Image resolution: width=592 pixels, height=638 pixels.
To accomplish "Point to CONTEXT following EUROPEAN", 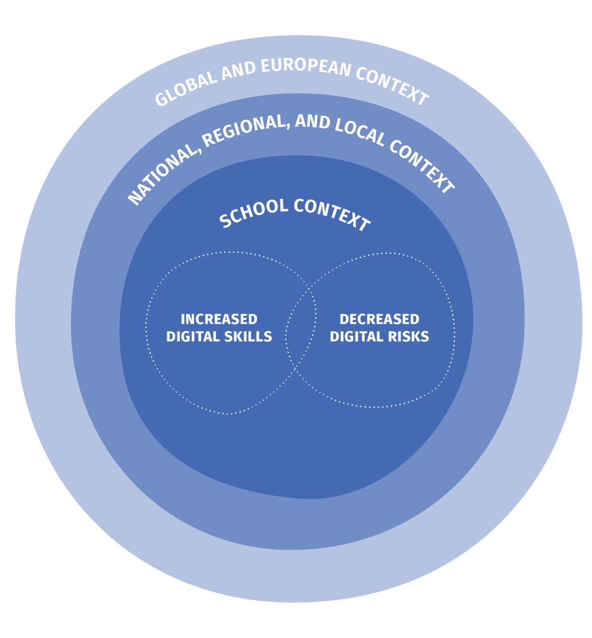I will (392, 86).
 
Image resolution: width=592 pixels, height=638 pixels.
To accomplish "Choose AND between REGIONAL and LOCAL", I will (312, 122).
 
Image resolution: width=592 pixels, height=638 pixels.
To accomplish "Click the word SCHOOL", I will (254, 211).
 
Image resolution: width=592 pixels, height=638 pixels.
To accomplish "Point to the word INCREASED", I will (219, 319).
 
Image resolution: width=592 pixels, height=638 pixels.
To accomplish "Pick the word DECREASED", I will (379, 319).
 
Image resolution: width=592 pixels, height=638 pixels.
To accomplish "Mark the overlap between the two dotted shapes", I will (301, 331).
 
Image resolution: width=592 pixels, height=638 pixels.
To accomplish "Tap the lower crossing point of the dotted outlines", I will (296, 371).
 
